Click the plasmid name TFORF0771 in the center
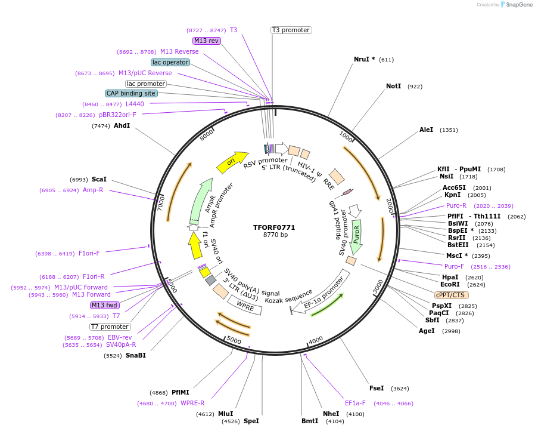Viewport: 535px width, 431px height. click(274, 227)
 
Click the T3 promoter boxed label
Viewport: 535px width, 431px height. click(291, 30)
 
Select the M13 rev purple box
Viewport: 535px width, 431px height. click(206, 41)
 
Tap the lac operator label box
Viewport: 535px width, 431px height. click(170, 62)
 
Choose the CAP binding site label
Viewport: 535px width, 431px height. click(131, 93)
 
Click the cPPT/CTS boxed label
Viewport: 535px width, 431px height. click(451, 295)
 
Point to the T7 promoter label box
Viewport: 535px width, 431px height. click(110, 327)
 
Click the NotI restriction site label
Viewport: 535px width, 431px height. click(393, 87)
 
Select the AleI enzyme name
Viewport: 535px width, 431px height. click(426, 130)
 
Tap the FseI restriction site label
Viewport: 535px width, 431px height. click(377, 388)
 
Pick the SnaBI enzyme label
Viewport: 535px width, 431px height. click(135, 355)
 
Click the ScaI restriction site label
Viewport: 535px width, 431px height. click(99, 179)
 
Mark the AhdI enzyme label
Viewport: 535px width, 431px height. click(122, 125)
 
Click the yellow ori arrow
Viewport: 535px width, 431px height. click(232, 162)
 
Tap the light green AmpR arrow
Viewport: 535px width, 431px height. click(200, 200)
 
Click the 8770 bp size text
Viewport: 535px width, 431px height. click(274, 235)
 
